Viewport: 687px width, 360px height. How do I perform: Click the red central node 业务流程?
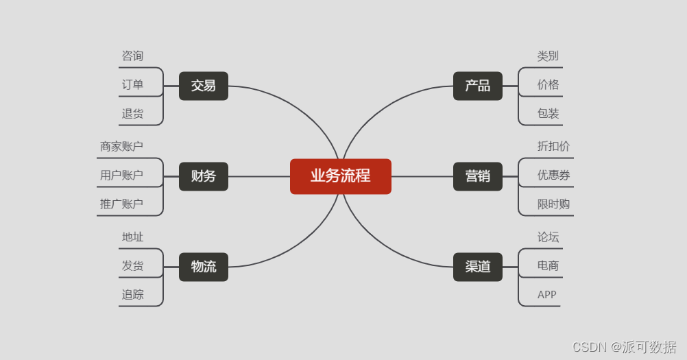(x=340, y=176)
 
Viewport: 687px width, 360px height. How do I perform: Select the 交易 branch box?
(x=203, y=86)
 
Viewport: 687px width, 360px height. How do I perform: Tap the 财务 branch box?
(x=203, y=176)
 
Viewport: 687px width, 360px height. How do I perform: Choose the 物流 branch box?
(x=203, y=267)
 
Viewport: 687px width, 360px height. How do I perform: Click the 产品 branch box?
(x=477, y=86)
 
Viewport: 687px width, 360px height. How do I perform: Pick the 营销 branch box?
(x=477, y=176)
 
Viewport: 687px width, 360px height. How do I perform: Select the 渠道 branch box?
(x=477, y=267)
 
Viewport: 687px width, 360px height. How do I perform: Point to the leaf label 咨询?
(x=132, y=56)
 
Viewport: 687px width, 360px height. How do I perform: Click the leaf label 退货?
(x=132, y=114)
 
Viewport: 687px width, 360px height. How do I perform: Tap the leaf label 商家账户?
(x=121, y=147)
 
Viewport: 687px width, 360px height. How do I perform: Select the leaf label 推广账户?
(x=121, y=204)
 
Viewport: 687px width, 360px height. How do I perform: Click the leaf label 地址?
(x=132, y=237)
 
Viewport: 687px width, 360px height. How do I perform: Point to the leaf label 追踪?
(x=132, y=295)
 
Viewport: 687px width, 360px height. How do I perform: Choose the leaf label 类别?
(x=548, y=56)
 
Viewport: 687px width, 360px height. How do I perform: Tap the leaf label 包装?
(x=548, y=114)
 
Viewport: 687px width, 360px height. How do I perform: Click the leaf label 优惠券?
(x=553, y=176)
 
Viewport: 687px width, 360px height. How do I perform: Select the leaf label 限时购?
(x=553, y=204)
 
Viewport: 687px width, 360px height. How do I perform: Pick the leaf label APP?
(x=546, y=295)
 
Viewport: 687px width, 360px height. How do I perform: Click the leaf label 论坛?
(x=548, y=237)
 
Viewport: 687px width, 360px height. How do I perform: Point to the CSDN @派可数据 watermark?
(x=624, y=347)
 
